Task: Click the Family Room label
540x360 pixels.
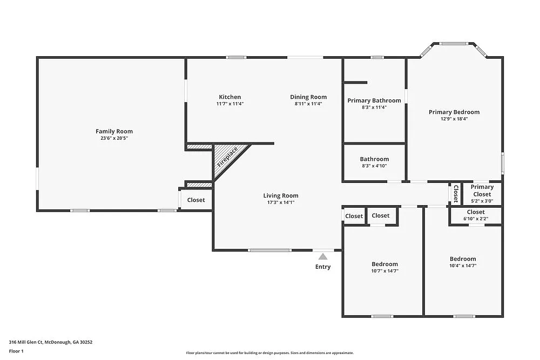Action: (114, 131)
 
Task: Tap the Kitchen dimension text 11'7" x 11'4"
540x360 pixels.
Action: (230, 104)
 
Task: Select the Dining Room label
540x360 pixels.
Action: (308, 97)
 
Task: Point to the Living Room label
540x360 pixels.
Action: (281, 196)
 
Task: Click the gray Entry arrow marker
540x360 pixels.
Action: (323, 257)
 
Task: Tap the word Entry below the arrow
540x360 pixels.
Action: (323, 267)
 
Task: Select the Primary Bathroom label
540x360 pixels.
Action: (374, 100)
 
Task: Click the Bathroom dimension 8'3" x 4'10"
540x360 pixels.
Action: (374, 166)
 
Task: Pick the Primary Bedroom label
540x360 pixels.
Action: (454, 112)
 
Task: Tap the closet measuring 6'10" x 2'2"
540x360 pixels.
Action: (476, 215)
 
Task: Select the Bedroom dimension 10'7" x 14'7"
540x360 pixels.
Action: (384, 271)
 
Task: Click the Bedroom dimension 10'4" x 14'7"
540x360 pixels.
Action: (463, 266)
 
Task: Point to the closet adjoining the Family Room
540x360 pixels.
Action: (196, 200)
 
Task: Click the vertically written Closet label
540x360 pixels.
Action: (456, 194)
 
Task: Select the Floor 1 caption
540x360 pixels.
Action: (17, 351)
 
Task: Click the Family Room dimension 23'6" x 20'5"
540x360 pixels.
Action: (114, 138)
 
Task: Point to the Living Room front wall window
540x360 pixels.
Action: (269, 250)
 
